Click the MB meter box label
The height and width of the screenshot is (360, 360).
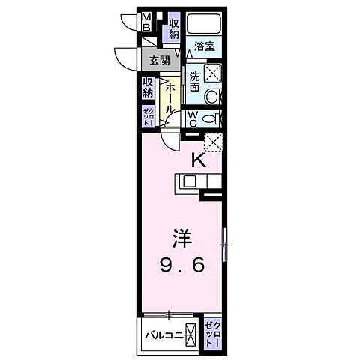pyautogui.click(x=148, y=22)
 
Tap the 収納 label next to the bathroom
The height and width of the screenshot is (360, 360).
pyautogui.click(x=173, y=29)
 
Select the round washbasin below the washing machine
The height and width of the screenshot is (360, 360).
pyautogui.click(x=211, y=96)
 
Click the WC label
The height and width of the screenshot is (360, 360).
pyautogui.click(x=192, y=118)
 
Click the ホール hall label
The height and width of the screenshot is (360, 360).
pyautogui.click(x=170, y=97)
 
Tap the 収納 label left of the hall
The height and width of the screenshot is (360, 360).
pyautogui.click(x=148, y=88)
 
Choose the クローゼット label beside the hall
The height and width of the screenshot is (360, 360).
pyautogui.click(x=147, y=118)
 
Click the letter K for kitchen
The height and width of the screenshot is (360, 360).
pyautogui.click(x=199, y=159)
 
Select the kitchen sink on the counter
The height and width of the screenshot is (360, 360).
pyautogui.click(x=189, y=181)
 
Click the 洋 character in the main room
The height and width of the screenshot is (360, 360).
pyautogui.click(x=183, y=238)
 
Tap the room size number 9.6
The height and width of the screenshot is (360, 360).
pyautogui.click(x=183, y=265)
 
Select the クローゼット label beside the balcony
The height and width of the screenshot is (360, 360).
pyautogui.click(x=213, y=331)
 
